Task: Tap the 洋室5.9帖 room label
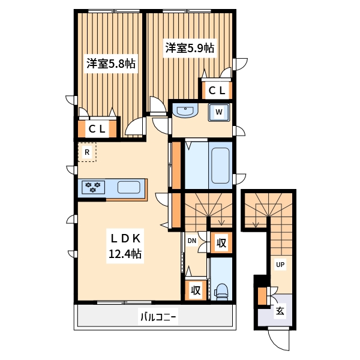[190, 48]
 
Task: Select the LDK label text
[124, 238]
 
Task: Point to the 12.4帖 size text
[124, 254]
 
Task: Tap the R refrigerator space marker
[87, 152]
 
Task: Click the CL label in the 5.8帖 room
[97, 129]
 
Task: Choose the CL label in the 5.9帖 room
[217, 91]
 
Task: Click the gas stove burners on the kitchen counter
[94, 187]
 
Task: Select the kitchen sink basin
[129, 187]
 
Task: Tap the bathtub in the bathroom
[220, 166]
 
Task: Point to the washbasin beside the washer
[187, 111]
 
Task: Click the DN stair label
[192, 241]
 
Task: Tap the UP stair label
[280, 264]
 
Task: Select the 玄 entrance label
[280, 311]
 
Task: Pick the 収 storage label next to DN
[221, 243]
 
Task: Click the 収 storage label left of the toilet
[196, 290]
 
